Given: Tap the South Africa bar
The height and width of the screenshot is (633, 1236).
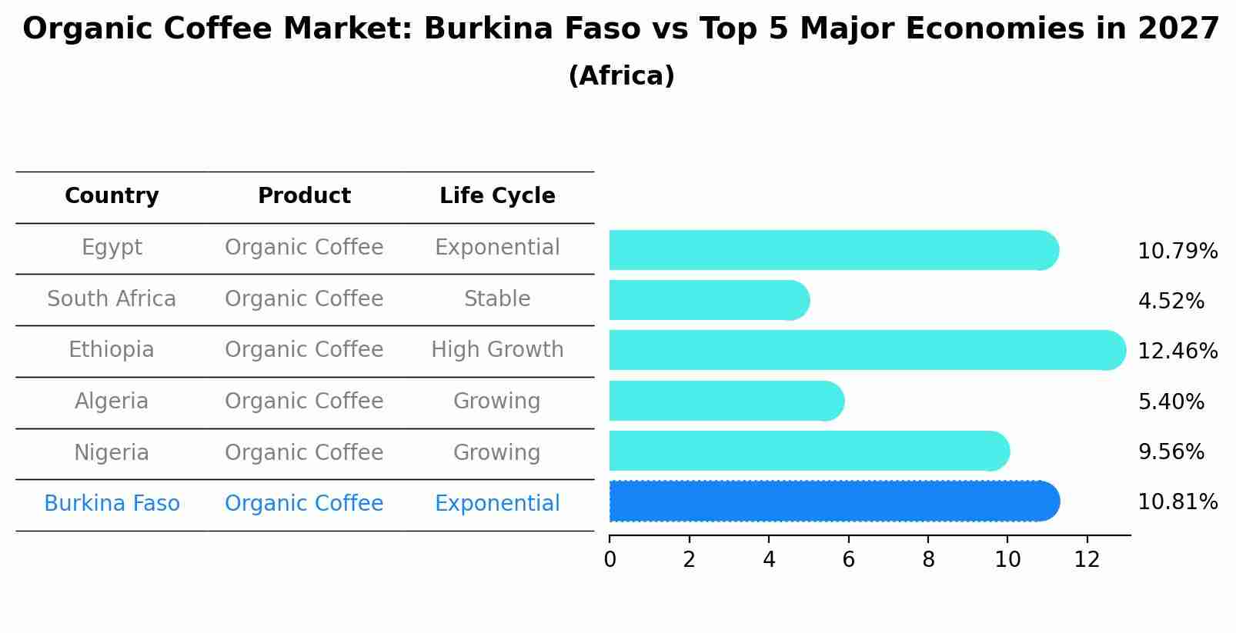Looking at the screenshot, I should coord(709,300).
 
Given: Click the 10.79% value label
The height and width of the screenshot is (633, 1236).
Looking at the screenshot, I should coord(1178,252).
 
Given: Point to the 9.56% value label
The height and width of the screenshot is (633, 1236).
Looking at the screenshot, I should coord(1171,452).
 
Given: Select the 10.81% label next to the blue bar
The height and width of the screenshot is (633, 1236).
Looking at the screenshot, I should coord(1178,502).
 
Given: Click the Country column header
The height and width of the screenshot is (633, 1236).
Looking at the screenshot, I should coord(112,196).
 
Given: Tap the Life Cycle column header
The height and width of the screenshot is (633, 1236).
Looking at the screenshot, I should coord(497,196).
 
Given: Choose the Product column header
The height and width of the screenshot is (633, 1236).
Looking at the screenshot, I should coord(304,196).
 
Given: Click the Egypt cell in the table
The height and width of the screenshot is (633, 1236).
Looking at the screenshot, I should coord(112,248).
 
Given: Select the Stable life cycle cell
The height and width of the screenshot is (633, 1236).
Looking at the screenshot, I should coord(497,299).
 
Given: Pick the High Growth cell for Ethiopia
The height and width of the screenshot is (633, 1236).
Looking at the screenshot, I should coord(497,350).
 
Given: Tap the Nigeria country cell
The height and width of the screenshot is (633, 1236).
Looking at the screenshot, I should coord(112,452).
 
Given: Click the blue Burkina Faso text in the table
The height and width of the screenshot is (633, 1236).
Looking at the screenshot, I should coord(112,504).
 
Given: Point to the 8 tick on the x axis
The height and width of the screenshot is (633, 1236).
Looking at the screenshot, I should coord(928,560).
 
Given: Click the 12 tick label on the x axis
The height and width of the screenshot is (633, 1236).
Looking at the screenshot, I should coord(1087,560).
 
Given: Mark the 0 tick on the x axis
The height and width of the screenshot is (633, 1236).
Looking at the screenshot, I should coord(610,560).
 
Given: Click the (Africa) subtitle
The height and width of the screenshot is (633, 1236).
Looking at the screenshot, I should coord(621,76).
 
